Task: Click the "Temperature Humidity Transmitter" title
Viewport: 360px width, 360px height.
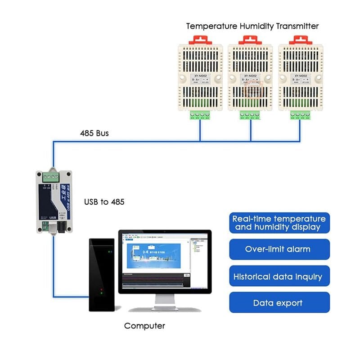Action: pos(252,26)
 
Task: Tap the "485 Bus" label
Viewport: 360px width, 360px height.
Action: pos(94,133)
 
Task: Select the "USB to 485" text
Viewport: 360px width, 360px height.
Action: pos(104,202)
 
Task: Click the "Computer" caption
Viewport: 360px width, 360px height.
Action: pos(144,326)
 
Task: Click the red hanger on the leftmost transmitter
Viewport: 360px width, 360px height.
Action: pos(200,39)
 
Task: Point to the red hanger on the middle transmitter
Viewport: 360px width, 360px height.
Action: pos(250,39)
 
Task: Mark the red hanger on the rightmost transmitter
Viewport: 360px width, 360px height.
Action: pos(300,39)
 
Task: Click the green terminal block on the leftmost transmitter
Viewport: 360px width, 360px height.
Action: pos(200,116)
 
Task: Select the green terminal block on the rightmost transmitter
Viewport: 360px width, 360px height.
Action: pos(300,116)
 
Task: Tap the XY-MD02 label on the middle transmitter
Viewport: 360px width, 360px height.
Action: pos(250,76)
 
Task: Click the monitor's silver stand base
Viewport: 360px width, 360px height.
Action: pos(165,309)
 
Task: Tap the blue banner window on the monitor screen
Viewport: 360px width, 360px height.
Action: pos(153,256)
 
